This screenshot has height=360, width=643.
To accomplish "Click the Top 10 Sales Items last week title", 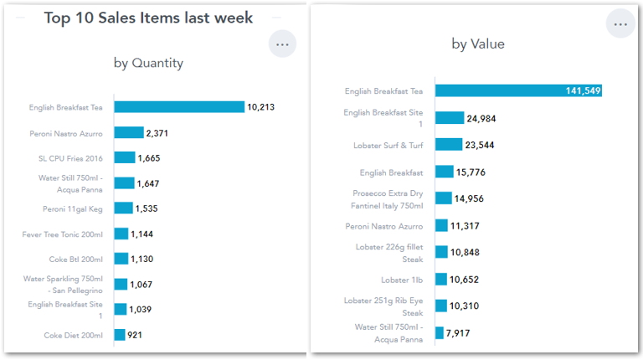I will click(x=148, y=18).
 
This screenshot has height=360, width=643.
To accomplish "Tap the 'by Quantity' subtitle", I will click(x=148, y=63).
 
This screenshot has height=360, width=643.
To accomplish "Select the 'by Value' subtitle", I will click(x=478, y=44).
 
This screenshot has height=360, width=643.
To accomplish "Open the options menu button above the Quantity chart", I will click(x=282, y=44).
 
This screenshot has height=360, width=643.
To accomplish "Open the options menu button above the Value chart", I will click(x=620, y=24).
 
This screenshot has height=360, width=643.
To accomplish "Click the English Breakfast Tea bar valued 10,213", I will click(x=179, y=107).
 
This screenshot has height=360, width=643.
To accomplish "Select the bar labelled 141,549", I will click(x=518, y=91).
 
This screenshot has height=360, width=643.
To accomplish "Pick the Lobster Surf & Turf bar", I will click(x=449, y=145).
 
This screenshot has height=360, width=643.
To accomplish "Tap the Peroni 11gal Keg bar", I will click(x=123, y=208).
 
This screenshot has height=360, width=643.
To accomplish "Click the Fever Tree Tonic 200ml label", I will click(x=63, y=234).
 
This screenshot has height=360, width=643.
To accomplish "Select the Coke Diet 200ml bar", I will click(x=120, y=335).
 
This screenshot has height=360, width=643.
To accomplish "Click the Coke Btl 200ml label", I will click(x=75, y=260).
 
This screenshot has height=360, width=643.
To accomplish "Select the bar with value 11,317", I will click(x=441, y=226).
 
